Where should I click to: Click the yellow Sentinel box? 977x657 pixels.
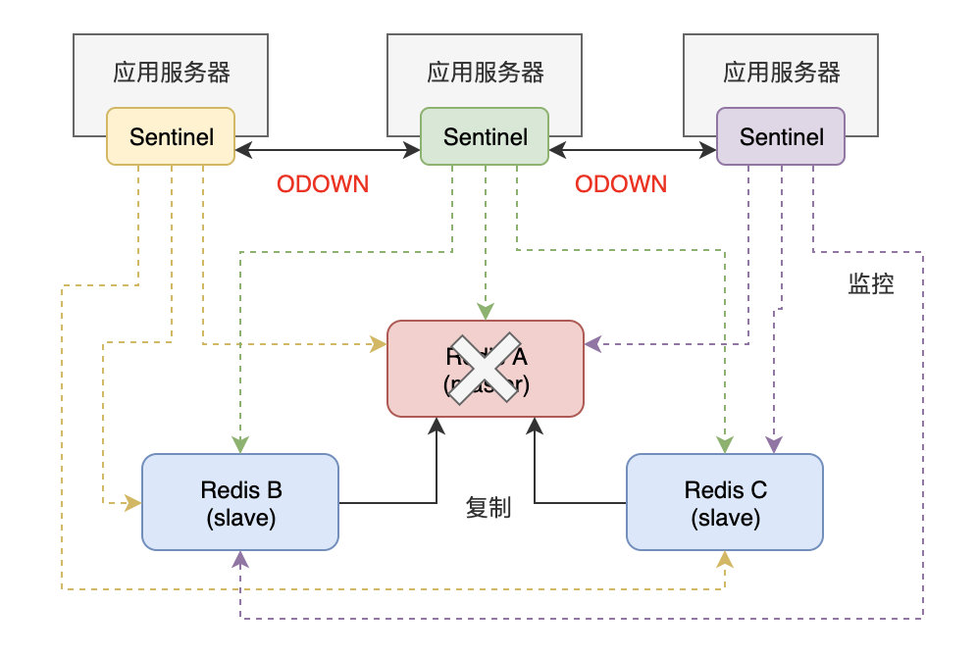tap(171, 136)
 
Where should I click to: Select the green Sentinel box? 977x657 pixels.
tap(485, 136)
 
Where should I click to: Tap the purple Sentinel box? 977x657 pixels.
tap(781, 136)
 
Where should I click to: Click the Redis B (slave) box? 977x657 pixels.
tap(240, 501)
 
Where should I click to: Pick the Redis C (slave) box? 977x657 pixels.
tap(725, 501)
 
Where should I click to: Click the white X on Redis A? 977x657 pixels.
tap(485, 367)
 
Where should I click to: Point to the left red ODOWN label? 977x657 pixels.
tap(323, 184)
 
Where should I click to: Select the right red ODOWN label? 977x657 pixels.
tap(621, 184)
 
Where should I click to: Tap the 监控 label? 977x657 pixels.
tap(870, 284)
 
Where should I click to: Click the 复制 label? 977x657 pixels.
tap(488, 509)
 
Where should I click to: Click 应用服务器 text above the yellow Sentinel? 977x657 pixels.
tap(171, 73)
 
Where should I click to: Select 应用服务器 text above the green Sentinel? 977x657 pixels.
tap(485, 73)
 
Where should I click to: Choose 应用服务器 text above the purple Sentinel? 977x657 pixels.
tap(781, 73)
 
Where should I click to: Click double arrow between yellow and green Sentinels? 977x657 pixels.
tap(328, 150)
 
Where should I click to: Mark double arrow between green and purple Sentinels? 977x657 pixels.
tap(633, 150)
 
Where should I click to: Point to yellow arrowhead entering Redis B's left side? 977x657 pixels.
tap(133, 503)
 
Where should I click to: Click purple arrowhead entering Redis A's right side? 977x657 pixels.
tap(591, 344)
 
